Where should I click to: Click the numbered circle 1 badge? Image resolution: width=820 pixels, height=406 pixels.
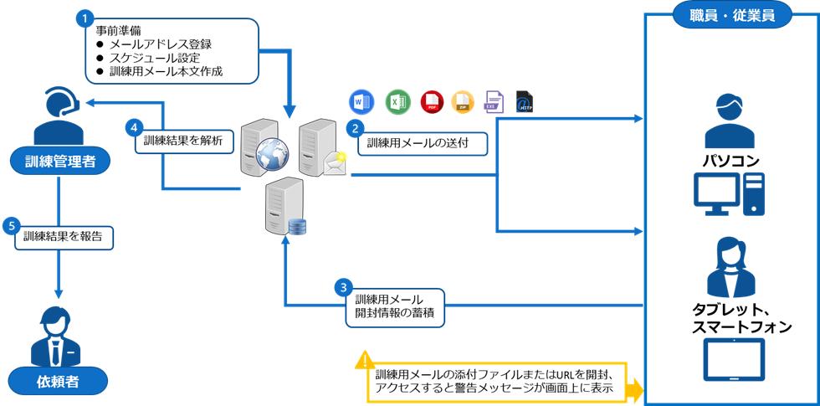[84, 18]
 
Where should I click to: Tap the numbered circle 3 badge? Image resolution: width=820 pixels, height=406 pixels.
[343, 286]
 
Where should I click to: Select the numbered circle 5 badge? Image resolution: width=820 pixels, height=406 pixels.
[11, 226]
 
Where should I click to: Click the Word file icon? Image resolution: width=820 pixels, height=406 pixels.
[361, 101]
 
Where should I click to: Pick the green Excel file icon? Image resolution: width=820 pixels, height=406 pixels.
[397, 101]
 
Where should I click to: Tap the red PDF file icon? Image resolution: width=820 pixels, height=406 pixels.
[432, 101]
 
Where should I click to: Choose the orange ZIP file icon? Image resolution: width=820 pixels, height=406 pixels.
[463, 101]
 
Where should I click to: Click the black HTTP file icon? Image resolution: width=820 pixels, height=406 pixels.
[524, 101]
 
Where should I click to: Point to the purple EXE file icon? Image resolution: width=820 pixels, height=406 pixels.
[495, 101]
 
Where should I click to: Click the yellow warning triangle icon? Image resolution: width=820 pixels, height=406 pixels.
[365, 361]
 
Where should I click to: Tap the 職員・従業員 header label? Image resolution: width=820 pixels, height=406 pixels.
[733, 17]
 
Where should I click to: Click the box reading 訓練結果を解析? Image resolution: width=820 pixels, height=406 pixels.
[184, 141]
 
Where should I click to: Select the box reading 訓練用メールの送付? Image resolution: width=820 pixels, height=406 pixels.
[423, 143]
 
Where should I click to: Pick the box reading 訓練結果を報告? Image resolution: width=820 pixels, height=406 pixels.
[64, 237]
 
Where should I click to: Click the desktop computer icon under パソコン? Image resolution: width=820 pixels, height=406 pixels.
[729, 194]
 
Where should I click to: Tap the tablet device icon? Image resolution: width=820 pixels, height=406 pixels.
[735, 359]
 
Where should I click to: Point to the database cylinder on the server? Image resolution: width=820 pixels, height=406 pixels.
[296, 227]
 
